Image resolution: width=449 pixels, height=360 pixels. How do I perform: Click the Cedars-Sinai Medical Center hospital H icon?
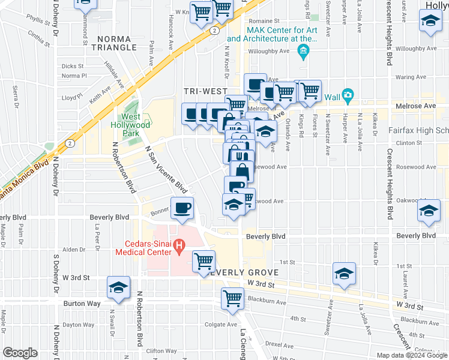tap(178, 245)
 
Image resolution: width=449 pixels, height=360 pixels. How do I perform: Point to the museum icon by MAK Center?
tap(304, 52)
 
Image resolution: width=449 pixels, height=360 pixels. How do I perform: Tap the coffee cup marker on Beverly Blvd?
tap(182, 209)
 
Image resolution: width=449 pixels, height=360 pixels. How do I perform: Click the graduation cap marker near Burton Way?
tap(119, 287)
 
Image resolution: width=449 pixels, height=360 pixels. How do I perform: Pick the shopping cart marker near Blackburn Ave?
tap(232, 298)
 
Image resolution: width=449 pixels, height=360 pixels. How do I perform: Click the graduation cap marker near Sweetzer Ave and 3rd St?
tap(344, 274)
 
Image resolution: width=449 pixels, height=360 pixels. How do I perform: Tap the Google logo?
tap(20, 353)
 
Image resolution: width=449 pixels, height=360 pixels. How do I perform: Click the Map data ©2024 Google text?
tap(411, 354)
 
